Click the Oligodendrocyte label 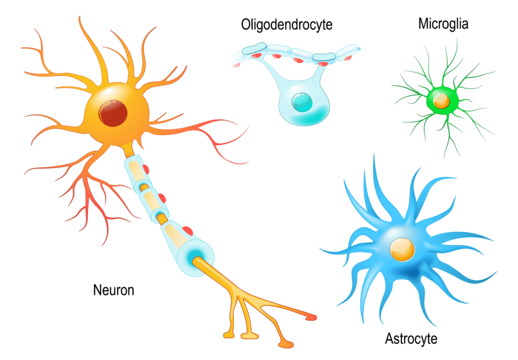[x=286, y=25]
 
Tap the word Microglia [x=443, y=24]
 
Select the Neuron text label [x=114, y=290]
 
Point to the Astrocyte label [x=411, y=339]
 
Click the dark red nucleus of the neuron [x=113, y=112]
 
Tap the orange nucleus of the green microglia [x=441, y=100]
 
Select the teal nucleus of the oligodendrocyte [x=302, y=101]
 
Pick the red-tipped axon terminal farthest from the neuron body [x=311, y=317]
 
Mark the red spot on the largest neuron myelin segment [x=188, y=231]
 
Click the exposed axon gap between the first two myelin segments [x=144, y=188]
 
